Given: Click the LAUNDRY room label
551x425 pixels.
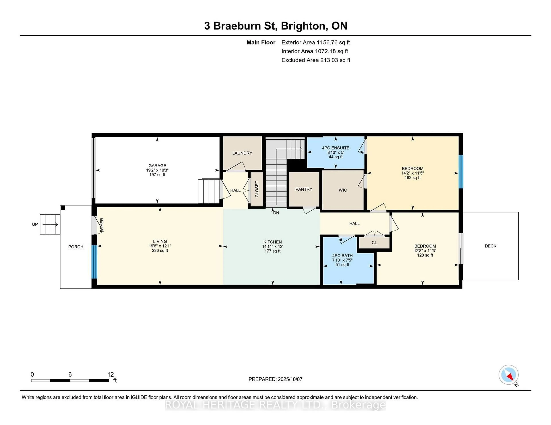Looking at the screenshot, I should coord(242,153).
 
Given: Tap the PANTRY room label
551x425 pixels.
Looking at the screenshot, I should coord(304,189).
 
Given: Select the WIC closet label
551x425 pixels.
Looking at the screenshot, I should coord(343,190).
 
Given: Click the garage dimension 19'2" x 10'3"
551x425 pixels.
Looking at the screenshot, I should coord(157,170).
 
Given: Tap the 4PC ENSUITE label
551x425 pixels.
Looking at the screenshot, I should coord(335,148).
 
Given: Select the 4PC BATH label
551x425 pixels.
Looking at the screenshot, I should coord(342,255).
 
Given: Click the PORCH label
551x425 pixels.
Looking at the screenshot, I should coord(76,247).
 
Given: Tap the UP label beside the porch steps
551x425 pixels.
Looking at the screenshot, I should coord(35,224).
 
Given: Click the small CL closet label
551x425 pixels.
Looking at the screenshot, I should coord(374,243).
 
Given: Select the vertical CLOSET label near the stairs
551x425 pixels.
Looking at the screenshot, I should coord(257,189).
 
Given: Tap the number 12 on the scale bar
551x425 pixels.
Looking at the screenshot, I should coord(110,374).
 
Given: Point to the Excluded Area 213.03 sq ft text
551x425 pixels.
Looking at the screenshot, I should coord(316,60).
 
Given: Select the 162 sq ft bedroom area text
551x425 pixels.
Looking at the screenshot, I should coord(413,177).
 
